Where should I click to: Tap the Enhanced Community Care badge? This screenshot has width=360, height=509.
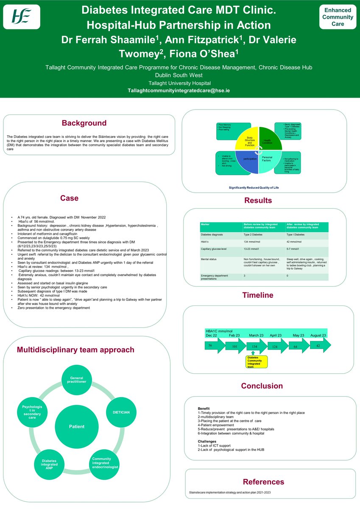coord(338,17)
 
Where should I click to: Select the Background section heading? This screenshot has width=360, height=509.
coord(84,123)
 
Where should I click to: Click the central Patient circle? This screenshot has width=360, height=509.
coord(77,426)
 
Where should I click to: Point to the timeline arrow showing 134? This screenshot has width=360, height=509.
coord(256,346)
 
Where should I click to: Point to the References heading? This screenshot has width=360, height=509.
coord(263,481)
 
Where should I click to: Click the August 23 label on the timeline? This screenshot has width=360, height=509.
coord(318,335)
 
